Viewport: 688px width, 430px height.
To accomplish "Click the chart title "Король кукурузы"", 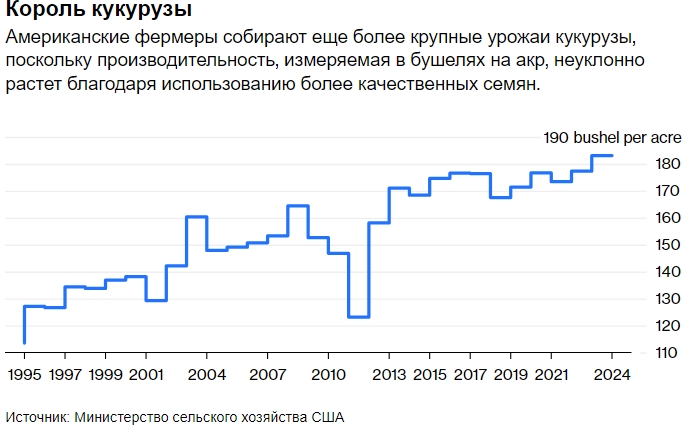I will point(85,13).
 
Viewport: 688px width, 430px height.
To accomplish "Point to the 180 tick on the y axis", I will point(641,164).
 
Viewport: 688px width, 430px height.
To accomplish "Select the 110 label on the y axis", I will point(641,353).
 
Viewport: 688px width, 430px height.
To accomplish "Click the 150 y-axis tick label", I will point(641,245).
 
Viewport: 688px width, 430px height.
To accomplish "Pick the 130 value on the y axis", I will point(641,299).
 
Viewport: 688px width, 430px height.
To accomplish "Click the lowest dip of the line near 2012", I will point(358,316).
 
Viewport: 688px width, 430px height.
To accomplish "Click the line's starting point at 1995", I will point(24,342).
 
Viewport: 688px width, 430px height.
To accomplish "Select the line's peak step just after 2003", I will point(196,217).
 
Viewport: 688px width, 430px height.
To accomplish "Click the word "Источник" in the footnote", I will point(36,416).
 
